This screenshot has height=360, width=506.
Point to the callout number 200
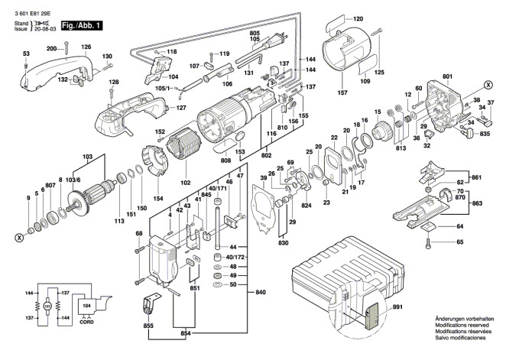click(x=51, y=48)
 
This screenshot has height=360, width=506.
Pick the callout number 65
click(x=460, y=242)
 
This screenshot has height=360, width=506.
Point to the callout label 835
click(x=484, y=134)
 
